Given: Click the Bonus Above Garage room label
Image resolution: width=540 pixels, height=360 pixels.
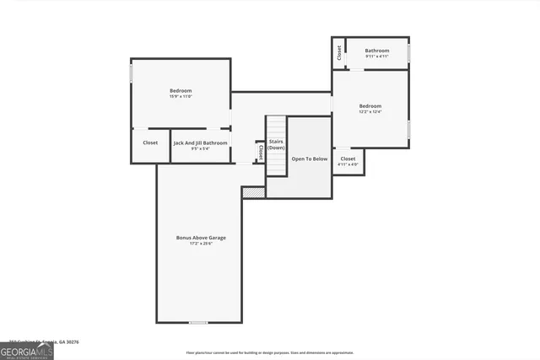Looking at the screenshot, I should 201,238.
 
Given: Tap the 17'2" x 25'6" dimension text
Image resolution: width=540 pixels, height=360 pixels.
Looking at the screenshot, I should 201,244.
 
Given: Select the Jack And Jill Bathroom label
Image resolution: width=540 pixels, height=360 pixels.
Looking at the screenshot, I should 200,143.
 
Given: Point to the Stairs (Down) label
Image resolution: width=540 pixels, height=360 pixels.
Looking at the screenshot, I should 276,144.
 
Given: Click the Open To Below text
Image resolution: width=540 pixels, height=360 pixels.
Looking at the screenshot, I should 309,159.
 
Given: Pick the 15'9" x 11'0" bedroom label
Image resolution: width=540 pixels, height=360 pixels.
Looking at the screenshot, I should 181,97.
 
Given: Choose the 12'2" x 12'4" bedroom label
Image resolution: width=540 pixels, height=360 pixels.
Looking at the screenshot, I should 370,112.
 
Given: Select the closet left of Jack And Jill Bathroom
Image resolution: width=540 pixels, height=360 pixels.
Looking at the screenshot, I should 150,143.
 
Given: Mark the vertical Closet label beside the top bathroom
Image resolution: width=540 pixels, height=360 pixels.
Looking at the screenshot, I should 339,52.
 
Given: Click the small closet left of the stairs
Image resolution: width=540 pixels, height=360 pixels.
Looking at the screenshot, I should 261,152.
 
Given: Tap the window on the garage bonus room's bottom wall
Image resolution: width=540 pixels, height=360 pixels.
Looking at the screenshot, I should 198,322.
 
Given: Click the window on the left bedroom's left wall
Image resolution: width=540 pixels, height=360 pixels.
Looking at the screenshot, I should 131,74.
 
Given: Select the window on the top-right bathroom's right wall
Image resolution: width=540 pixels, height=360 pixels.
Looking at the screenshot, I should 409,53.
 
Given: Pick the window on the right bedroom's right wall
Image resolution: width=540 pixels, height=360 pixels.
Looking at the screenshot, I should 409,129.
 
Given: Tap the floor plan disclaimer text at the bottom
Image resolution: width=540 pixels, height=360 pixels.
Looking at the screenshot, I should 270,353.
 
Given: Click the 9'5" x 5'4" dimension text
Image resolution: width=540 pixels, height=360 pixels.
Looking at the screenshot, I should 200,149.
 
